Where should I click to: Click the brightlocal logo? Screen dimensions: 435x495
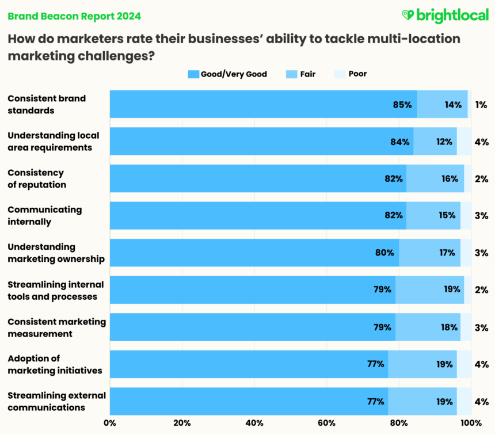(444, 16)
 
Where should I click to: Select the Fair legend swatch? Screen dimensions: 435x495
(292, 74)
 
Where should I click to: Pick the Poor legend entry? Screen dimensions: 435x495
(351, 74)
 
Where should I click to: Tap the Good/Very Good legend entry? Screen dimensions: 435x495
(227, 74)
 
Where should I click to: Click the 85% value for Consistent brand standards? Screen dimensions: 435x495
(402, 105)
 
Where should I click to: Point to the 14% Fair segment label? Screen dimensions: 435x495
(452, 105)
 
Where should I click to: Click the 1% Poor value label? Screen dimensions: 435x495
(481, 105)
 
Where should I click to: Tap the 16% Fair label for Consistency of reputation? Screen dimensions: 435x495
(450, 179)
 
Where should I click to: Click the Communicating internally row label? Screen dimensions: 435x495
(44, 216)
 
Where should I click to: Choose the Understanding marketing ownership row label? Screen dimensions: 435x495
(56, 253)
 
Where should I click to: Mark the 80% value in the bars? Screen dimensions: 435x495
(384, 253)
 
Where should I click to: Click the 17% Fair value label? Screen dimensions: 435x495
(446, 253)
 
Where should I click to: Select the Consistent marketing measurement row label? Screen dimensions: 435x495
(56, 327)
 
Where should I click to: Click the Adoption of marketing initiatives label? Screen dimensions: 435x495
(55, 364)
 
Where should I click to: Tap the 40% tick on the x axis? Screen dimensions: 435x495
(254, 423)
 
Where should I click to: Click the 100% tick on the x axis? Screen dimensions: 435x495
(471, 423)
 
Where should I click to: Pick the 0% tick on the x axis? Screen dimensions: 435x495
(109, 423)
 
